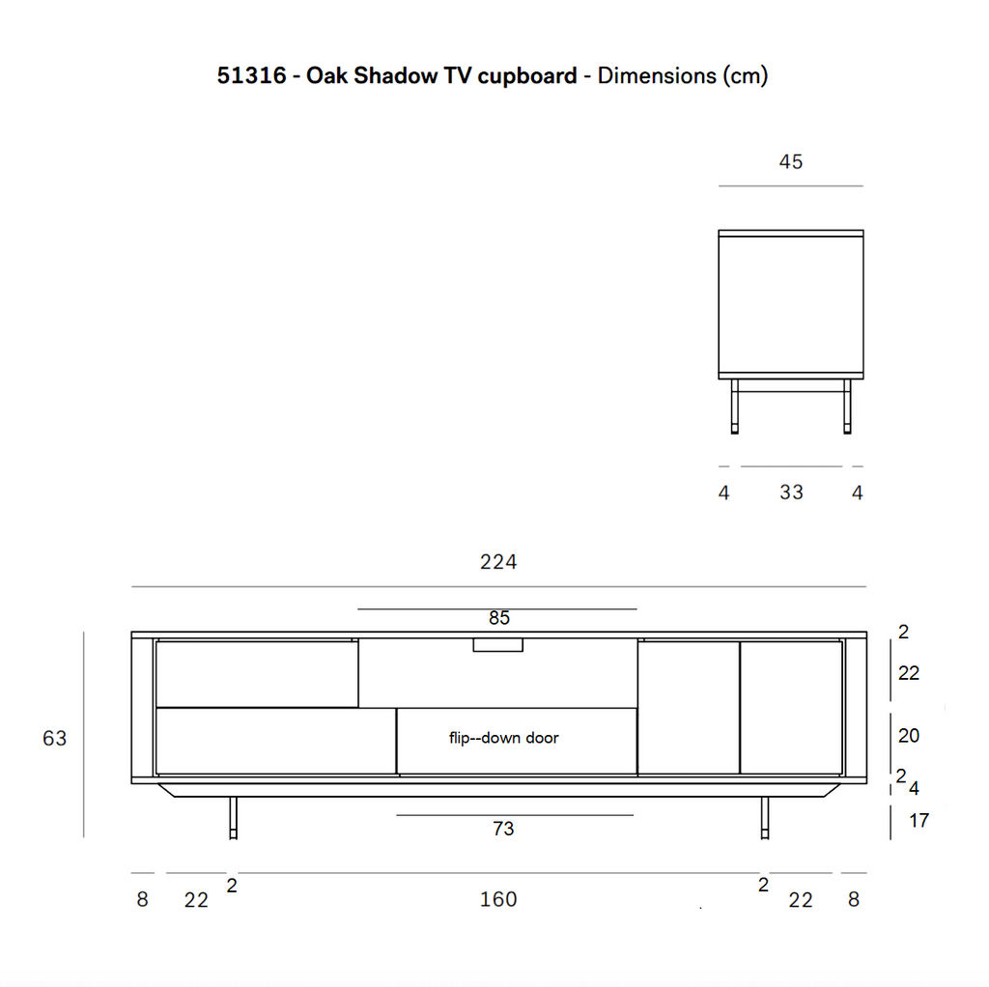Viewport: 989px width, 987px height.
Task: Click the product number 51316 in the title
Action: coord(252,75)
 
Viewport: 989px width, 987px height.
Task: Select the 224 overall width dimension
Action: coord(498,561)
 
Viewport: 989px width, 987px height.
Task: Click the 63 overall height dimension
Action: coord(54,738)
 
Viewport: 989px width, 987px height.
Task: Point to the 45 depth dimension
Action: coord(791,161)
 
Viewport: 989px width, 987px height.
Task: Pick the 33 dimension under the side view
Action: coord(792,492)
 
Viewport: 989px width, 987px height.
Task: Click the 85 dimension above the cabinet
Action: coord(499,618)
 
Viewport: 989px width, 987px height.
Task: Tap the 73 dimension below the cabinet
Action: coord(503,828)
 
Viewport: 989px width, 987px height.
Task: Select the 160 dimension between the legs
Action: coord(498,899)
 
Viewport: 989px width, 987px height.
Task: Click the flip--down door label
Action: coord(504,738)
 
